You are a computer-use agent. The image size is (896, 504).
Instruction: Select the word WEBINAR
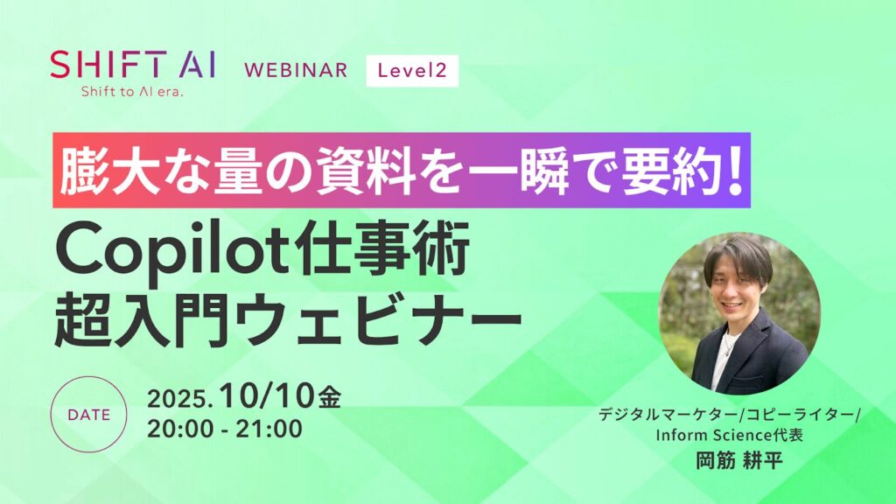296,70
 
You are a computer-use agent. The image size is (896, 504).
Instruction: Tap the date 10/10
269,396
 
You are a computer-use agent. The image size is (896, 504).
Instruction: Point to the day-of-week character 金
330,397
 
